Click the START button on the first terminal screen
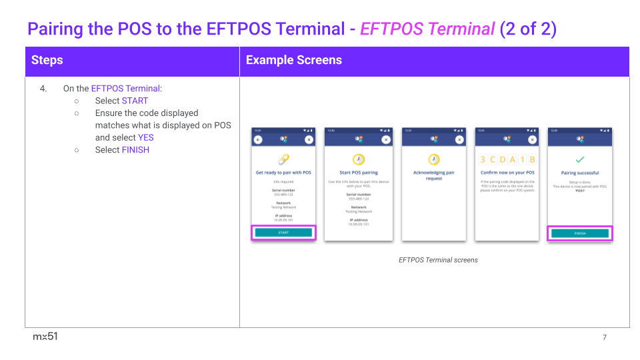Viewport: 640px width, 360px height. (x=283, y=233)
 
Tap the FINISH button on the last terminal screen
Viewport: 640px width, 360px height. (x=579, y=233)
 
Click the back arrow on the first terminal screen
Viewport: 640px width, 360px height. (x=259, y=139)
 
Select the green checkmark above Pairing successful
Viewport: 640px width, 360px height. (x=579, y=160)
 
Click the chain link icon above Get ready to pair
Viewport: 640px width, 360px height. (x=283, y=160)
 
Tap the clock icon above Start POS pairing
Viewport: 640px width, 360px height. (x=359, y=160)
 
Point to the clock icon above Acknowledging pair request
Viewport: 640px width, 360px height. (x=434, y=160)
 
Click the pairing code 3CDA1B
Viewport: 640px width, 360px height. (x=508, y=160)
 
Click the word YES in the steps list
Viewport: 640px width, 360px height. (x=145, y=137)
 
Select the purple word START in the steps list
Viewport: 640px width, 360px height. (x=135, y=101)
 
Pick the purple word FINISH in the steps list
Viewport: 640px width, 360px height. (x=135, y=150)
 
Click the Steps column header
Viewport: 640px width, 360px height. (x=47, y=60)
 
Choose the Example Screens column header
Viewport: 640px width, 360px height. (x=294, y=60)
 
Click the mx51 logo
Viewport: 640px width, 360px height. (x=45, y=337)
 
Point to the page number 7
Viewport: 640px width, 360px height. (x=605, y=337)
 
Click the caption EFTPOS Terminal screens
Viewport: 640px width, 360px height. (x=438, y=260)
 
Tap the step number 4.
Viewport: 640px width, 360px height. (x=43, y=88)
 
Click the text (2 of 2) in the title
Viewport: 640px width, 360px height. (x=527, y=29)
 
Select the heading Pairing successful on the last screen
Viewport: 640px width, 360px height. (x=579, y=173)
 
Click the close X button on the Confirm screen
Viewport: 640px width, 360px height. (x=532, y=139)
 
